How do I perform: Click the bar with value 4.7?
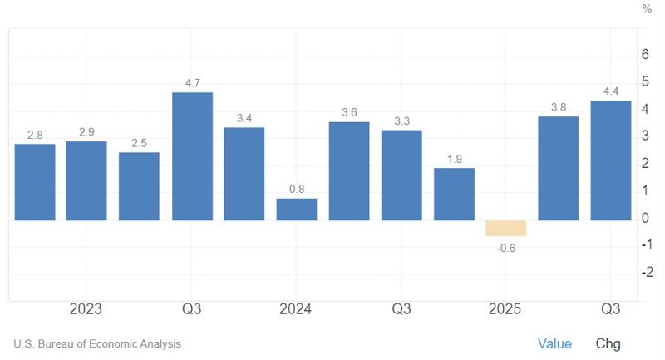pos(192,156)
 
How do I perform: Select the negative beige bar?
pos(506,229)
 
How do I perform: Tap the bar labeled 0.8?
pos(297,210)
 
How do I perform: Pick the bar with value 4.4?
pos(611,160)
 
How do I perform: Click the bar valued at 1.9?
pos(454,195)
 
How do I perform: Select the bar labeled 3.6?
pos(349,171)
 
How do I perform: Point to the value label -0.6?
pos(506,246)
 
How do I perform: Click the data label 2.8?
pos(35,135)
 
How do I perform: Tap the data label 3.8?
pos(559,106)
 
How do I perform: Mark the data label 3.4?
pos(244,118)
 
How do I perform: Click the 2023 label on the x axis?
pos(86,309)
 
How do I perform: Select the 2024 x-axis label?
pos(295,309)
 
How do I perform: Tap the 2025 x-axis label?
pos(505,309)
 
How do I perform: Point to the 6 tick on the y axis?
pos(646,55)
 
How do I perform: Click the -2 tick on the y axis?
pos(645,273)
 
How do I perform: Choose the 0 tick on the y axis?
pos(646,219)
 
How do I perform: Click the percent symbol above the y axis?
pos(647,9)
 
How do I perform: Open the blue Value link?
pos(554,343)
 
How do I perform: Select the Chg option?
pos(608,343)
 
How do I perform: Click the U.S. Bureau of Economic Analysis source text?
pos(97,343)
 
